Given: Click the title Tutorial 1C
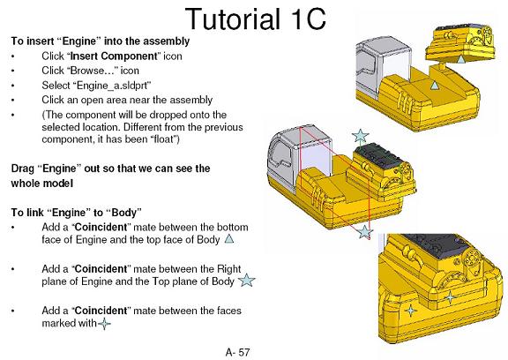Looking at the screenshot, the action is tap(255, 19).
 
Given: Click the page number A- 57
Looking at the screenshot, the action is tap(237, 352).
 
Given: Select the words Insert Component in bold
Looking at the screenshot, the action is tap(114, 56).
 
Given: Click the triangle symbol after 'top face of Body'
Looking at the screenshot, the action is tap(229, 239).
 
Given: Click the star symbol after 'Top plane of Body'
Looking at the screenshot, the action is tap(247, 280).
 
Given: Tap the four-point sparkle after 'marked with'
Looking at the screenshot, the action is tap(104, 324).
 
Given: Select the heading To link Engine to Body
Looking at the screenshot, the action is tap(77, 213).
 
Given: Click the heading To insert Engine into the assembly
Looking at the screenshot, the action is tap(101, 41).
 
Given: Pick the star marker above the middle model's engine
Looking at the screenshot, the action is tap(360, 136).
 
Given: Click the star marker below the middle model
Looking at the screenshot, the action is tap(365, 232).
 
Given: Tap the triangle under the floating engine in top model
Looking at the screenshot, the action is tap(460, 59).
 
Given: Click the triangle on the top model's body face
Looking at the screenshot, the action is tap(435, 86).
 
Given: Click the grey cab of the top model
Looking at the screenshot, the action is tap(382, 64).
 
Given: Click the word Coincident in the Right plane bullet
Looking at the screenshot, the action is tap(101, 269).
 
